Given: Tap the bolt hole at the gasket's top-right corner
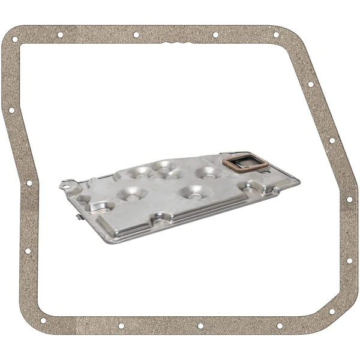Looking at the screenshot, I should point(276,35).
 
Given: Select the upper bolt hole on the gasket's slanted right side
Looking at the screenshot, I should point(311,84).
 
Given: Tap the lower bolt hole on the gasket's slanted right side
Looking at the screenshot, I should point(332,141).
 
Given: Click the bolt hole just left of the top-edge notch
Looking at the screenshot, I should point(136,35).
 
